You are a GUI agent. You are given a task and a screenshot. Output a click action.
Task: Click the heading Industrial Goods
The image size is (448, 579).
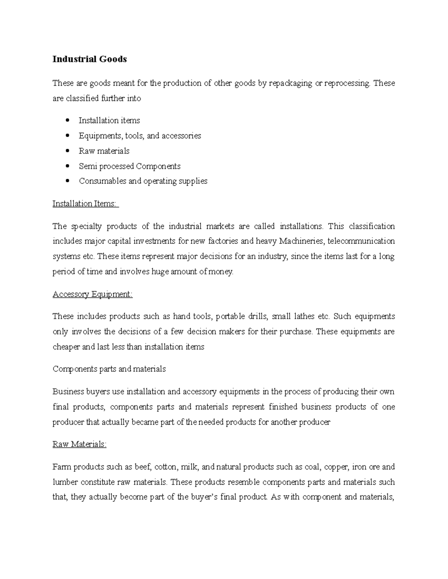pyautogui.click(x=90, y=59)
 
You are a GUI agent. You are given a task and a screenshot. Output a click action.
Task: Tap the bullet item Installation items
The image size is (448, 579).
pyautogui.click(x=109, y=120)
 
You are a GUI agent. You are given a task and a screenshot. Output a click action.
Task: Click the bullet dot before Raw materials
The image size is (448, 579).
pyautogui.click(x=67, y=151)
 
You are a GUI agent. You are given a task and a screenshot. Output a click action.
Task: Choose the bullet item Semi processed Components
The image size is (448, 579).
pyautogui.click(x=130, y=166)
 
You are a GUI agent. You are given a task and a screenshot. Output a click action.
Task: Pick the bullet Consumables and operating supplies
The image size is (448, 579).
pyautogui.click(x=143, y=181)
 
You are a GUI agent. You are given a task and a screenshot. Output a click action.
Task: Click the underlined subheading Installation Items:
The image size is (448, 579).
pyautogui.click(x=85, y=204)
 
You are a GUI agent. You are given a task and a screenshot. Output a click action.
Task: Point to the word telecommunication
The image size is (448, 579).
pyautogui.click(x=361, y=241)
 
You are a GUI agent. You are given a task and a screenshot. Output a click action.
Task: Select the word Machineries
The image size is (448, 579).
pyautogui.click(x=302, y=241)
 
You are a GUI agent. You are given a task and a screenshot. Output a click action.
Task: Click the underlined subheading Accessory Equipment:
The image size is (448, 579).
pyautogui.click(x=93, y=294)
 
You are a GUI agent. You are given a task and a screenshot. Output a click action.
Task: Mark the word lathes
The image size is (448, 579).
pyautogui.click(x=299, y=317)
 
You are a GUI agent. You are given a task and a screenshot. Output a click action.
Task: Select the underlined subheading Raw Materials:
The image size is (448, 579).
pyautogui.click(x=80, y=444)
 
